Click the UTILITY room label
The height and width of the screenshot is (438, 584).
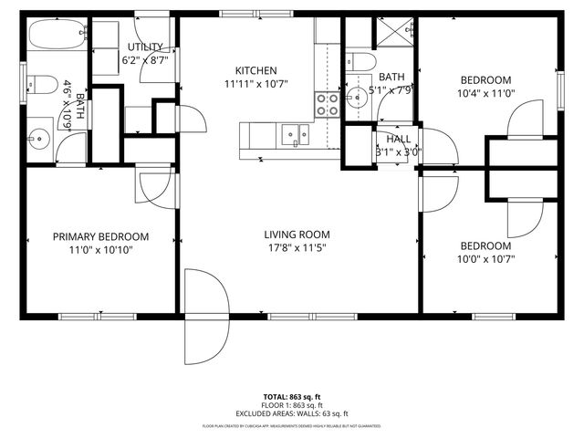(x=146, y=47)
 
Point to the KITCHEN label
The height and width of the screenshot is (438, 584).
(x=255, y=70)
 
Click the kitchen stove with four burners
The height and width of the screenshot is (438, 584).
(x=327, y=104)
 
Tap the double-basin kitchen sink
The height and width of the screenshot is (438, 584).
(x=295, y=134)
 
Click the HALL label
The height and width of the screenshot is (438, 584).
(x=399, y=139)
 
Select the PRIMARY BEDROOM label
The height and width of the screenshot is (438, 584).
(x=100, y=236)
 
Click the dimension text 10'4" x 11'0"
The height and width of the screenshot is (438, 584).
(x=485, y=92)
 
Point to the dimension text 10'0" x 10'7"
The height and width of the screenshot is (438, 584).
(x=485, y=259)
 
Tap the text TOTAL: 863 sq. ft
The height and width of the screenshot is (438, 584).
(x=291, y=397)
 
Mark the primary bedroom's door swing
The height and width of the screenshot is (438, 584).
(x=151, y=188)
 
